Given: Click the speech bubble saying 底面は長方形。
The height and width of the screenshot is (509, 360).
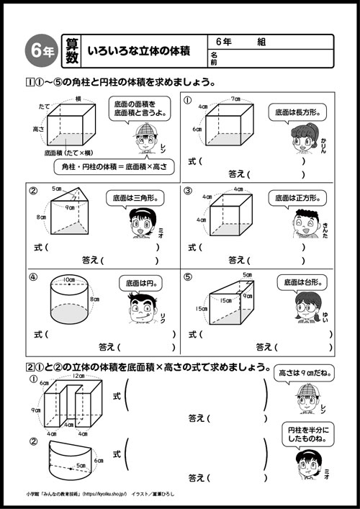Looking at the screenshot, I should coord(291,112).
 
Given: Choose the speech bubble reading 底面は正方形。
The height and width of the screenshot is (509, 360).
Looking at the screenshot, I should coord(292,196).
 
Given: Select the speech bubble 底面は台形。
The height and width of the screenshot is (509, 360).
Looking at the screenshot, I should coord(290,282).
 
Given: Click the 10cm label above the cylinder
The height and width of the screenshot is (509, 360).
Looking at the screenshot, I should coord(68,279).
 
